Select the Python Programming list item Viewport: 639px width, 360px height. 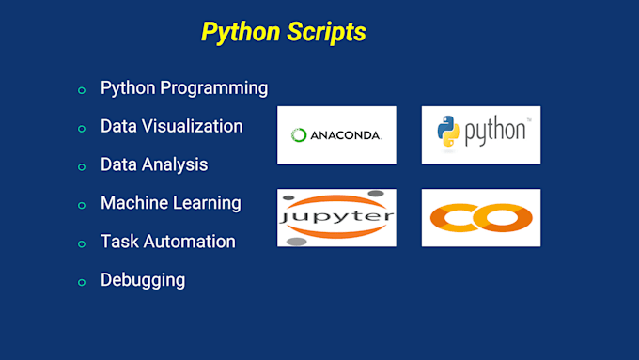coord(184,88)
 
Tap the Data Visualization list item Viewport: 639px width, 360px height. coord(171,126)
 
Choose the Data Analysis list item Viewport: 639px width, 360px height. coord(154,164)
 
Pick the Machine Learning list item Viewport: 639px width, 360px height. coord(170,203)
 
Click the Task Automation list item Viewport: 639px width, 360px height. coord(167,242)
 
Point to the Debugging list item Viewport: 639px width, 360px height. coord(143,280)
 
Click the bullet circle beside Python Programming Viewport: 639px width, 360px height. coord(82,90)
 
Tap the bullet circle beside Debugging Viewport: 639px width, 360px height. coord(82,282)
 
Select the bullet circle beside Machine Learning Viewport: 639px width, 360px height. coord(82,205)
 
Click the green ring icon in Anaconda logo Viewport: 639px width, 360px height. coord(299,135)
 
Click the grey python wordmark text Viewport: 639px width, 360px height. coord(495,132)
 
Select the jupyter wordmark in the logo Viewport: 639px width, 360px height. coord(336,216)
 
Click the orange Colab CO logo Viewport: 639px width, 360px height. coord(480,218)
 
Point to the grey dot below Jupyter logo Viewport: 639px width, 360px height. coord(297,242)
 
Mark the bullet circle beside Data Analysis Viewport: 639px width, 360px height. coord(82,166)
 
